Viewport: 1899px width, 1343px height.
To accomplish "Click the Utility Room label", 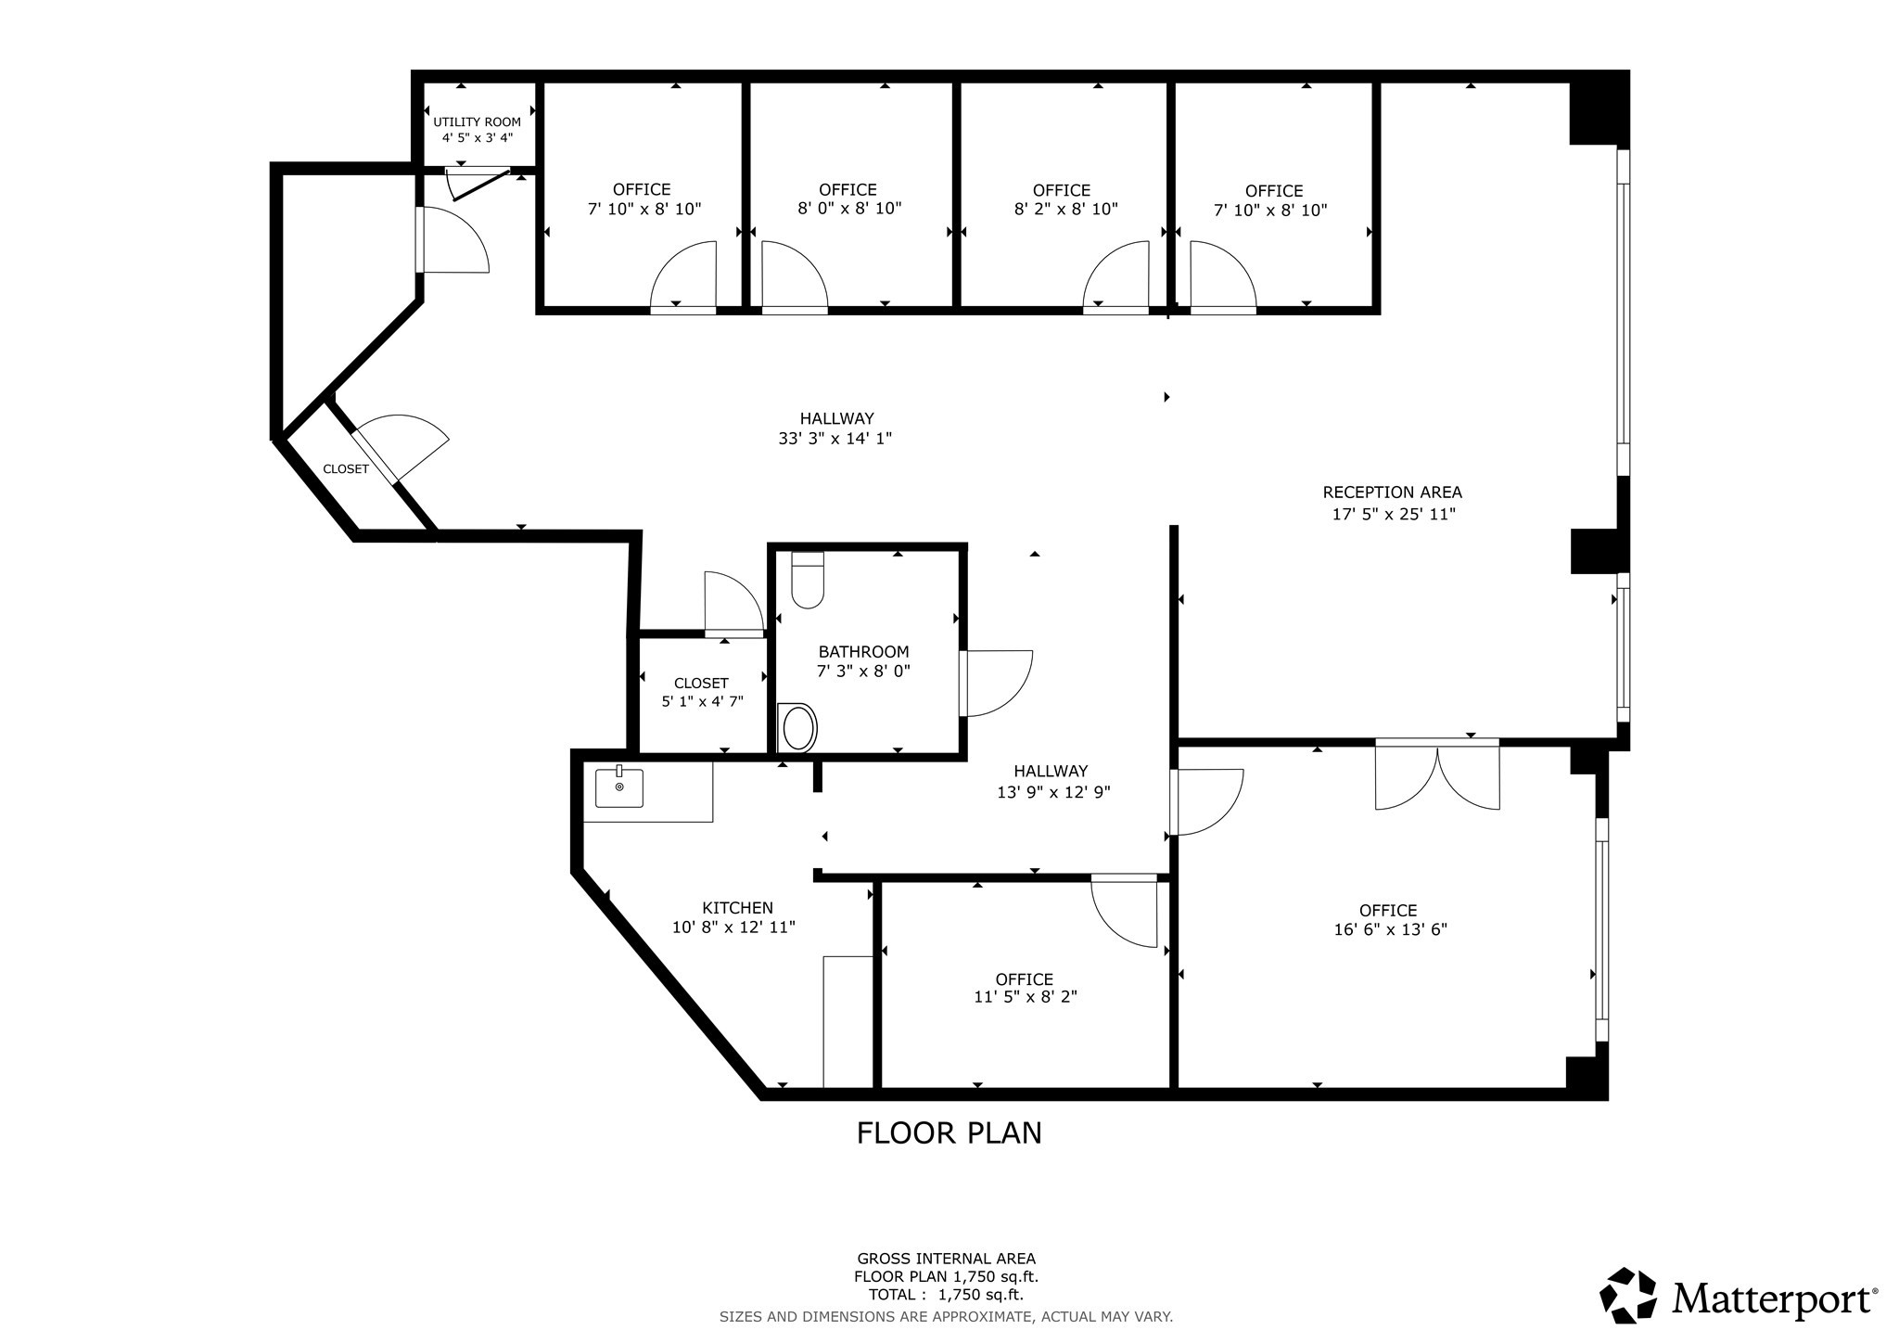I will pos(477,122).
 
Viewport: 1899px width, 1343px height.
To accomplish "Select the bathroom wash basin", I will pos(798,728).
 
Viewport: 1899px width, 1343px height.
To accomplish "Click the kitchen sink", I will pos(619,787).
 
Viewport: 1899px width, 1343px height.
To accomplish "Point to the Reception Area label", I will pos(1392,492).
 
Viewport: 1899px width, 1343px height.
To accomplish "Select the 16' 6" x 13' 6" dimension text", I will pos(1390,929).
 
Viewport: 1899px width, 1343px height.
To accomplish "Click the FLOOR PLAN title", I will pos(949,1133).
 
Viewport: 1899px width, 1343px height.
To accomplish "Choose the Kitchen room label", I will pos(737,908).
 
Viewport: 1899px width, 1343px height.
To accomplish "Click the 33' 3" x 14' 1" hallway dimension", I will pos(835,439).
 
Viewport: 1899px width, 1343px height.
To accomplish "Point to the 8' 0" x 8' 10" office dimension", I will pos(849,209).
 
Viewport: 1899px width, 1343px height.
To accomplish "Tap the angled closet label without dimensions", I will pos(346,469).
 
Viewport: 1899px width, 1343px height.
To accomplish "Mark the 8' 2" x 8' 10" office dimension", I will pos(1065,210).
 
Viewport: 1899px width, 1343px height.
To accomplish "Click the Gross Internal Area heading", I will pos(946,1259).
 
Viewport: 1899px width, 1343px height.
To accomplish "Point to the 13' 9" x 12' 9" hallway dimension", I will pos(1053,792).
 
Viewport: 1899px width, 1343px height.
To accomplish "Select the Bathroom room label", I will pos(863,652).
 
